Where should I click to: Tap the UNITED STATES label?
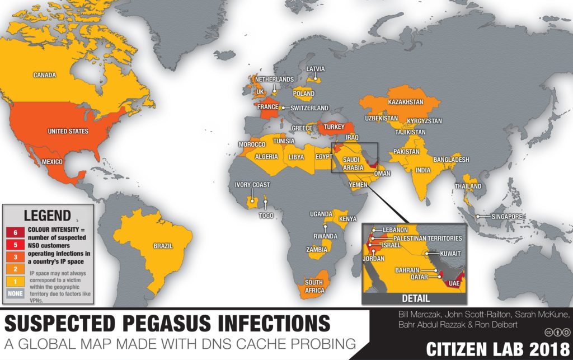[x=68, y=132]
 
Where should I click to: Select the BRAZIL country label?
[x=163, y=246]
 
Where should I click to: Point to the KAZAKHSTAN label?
[x=406, y=102]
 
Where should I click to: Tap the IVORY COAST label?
[x=252, y=185]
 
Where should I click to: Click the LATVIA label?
[x=315, y=69]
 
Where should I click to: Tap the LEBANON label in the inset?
[x=396, y=230]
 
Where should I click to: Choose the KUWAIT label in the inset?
[x=449, y=254]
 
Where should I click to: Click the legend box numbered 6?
[x=15, y=231]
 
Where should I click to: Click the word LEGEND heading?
[x=47, y=215]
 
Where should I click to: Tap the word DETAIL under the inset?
[x=416, y=298]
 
